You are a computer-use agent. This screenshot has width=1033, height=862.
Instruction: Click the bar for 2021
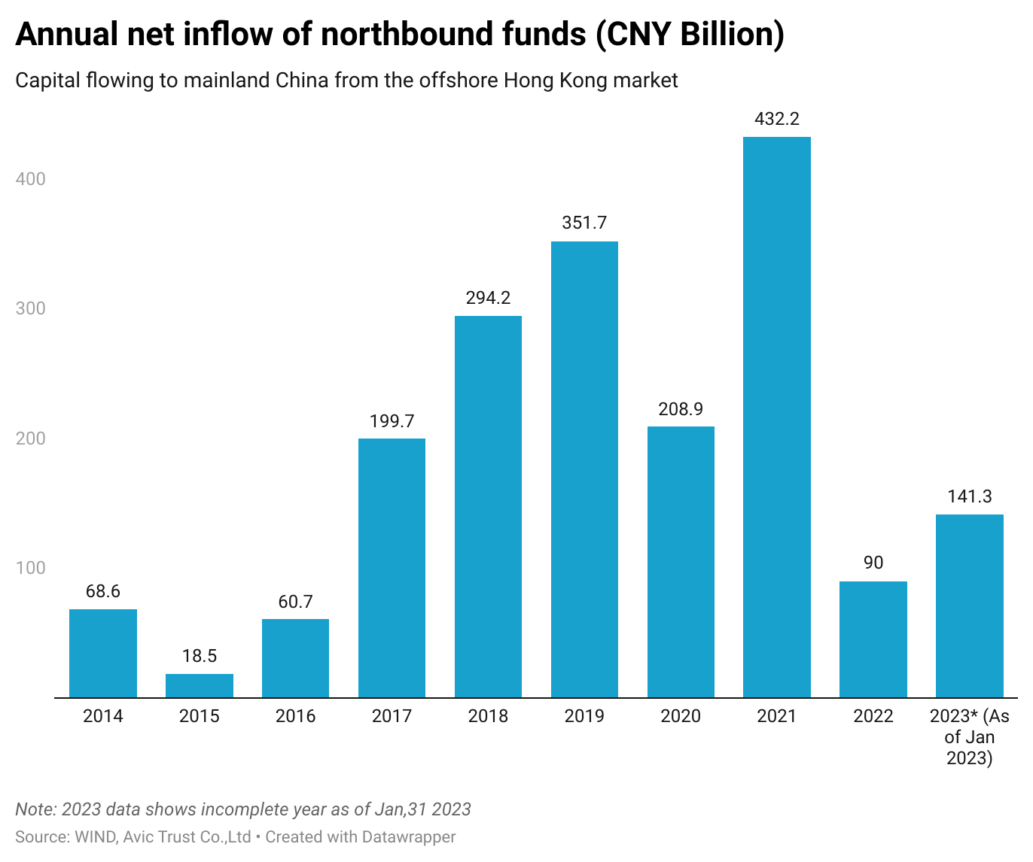(x=776, y=417)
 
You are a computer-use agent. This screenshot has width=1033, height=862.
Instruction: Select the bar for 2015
(x=200, y=685)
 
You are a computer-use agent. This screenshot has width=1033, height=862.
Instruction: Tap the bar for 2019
(x=584, y=469)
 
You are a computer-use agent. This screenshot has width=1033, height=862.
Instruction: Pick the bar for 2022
(x=873, y=639)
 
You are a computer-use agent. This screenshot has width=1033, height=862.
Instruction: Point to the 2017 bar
(x=392, y=568)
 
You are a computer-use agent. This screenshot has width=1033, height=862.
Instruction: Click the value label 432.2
(x=776, y=119)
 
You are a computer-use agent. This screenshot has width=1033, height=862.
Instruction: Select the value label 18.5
(x=200, y=656)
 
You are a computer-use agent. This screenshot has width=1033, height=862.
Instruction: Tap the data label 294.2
(x=488, y=298)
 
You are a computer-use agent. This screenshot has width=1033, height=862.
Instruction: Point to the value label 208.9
(x=681, y=408)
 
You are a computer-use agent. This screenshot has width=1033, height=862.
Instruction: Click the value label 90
(x=873, y=563)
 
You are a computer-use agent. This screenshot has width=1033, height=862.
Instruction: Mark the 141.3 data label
(x=969, y=496)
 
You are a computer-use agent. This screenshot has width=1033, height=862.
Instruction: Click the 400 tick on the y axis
(x=31, y=179)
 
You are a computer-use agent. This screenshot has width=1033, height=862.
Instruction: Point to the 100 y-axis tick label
(x=31, y=568)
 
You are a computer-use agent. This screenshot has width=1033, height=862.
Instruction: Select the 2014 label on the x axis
(x=103, y=716)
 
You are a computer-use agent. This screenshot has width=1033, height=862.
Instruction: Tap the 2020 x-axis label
(x=681, y=716)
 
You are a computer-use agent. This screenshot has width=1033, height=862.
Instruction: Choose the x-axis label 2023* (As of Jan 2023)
(x=969, y=737)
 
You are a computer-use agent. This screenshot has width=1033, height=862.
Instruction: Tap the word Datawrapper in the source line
(x=408, y=836)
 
